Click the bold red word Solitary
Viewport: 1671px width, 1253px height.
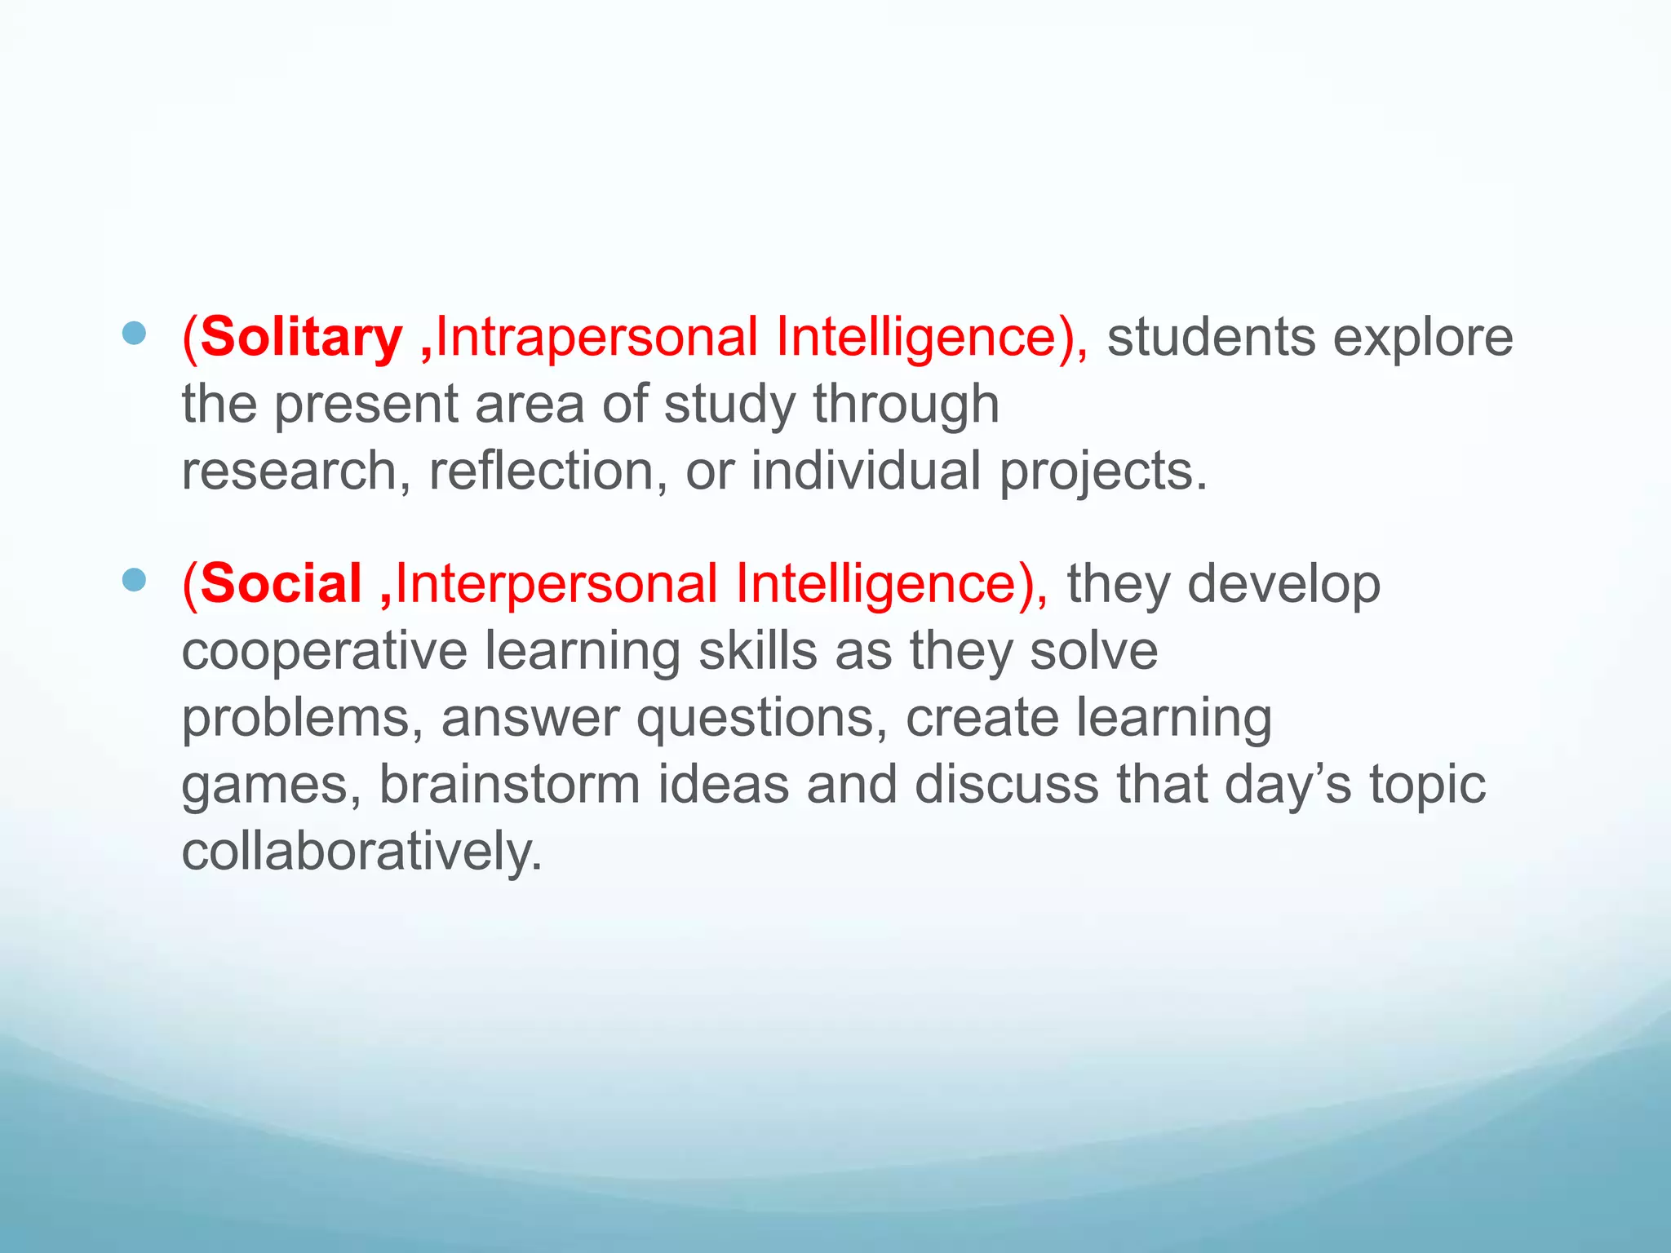(x=300, y=338)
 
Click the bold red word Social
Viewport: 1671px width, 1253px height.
(x=281, y=584)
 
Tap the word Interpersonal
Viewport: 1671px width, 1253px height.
(x=556, y=584)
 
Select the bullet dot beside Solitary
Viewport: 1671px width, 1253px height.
(x=134, y=333)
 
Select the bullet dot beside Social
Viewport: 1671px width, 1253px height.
(x=134, y=580)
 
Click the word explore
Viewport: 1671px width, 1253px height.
(x=1423, y=338)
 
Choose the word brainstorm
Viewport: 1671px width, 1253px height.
(x=509, y=785)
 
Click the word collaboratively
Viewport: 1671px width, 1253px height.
(x=361, y=852)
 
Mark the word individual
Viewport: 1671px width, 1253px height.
(x=866, y=472)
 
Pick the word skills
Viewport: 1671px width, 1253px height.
(x=758, y=651)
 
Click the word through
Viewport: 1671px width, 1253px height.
(x=906, y=405)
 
